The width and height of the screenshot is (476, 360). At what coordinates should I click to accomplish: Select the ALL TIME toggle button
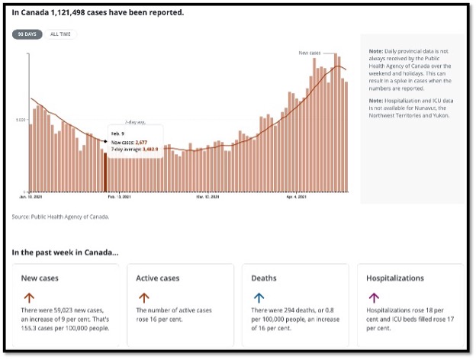coord(61,34)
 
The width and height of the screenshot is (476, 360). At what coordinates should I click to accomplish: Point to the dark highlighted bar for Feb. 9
coord(105,172)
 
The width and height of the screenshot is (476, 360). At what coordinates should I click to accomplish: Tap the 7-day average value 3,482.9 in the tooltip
coord(148,149)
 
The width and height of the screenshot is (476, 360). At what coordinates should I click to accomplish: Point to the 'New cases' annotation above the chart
coord(309,53)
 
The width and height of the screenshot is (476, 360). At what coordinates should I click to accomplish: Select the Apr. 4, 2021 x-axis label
coord(297,198)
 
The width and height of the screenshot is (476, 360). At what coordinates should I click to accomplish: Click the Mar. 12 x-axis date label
coord(207,198)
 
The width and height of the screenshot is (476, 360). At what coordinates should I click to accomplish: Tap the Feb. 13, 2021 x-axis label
coord(122,198)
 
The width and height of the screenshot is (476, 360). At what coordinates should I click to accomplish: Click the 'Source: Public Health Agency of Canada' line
coord(61,217)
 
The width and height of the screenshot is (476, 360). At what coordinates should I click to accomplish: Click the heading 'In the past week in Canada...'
coord(66,252)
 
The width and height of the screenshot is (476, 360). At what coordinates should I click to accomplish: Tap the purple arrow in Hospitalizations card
coord(374,298)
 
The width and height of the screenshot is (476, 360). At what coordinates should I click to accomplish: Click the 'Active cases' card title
coord(159,279)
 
